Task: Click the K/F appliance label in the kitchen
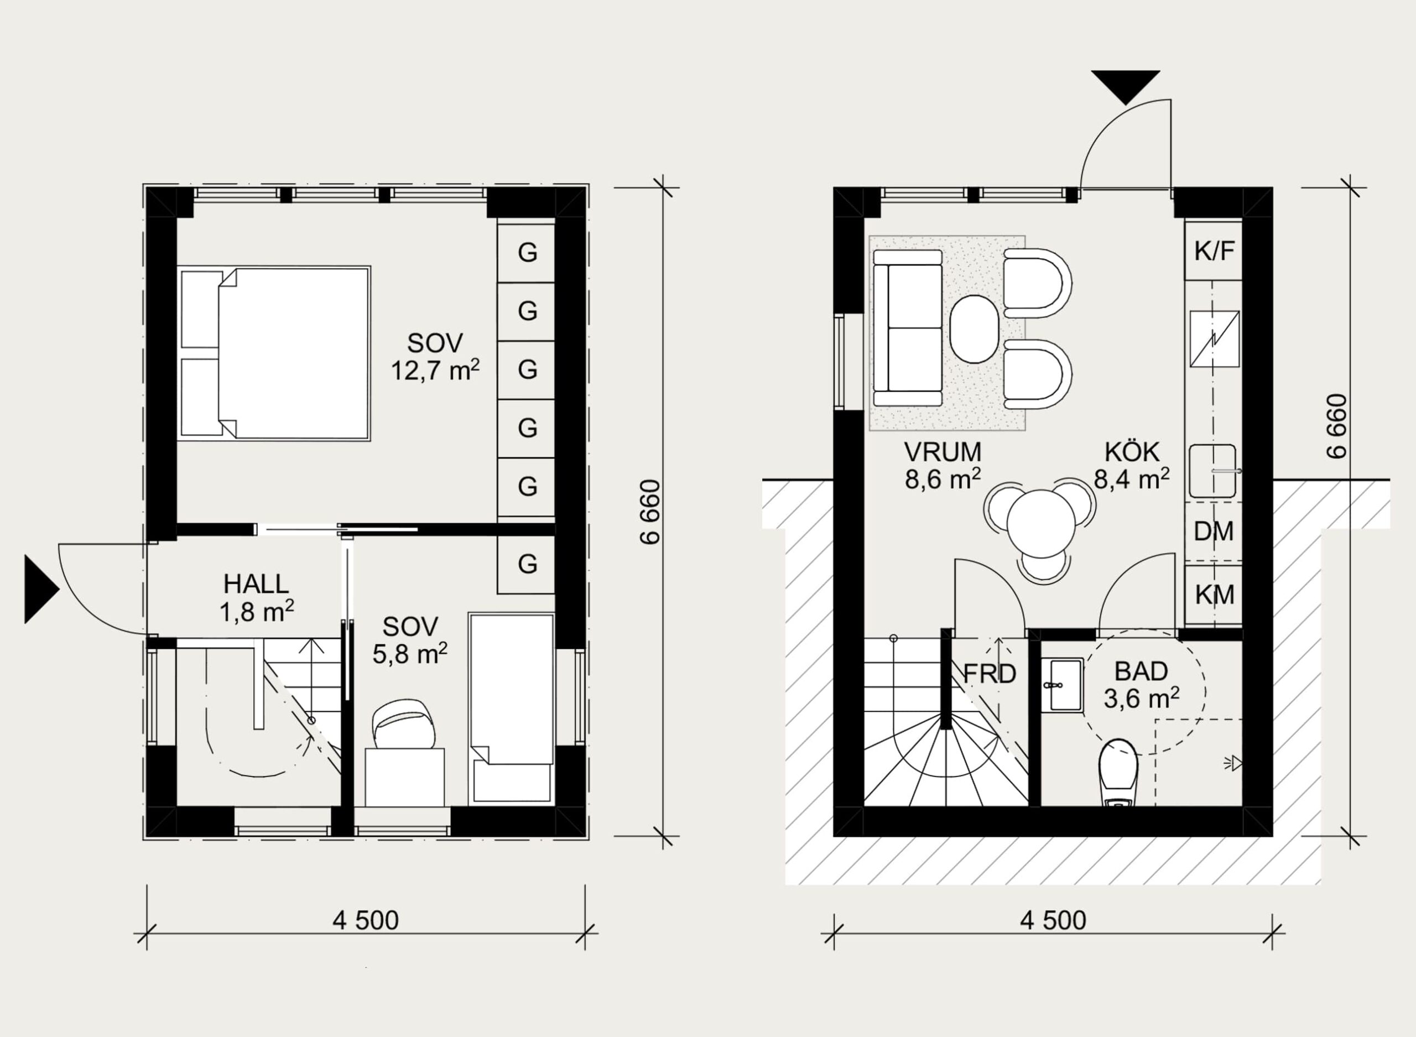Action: tap(1215, 251)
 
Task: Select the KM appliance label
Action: tap(1215, 595)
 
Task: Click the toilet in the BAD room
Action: tap(1118, 773)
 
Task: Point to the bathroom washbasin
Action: tap(1062, 685)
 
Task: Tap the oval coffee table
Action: tap(974, 329)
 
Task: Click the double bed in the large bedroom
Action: tap(274, 353)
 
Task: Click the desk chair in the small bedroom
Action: tap(404, 724)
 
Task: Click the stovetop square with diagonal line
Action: tap(1215, 339)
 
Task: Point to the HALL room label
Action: tap(256, 585)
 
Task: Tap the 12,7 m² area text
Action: tap(435, 370)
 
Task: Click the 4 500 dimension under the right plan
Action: tap(1053, 920)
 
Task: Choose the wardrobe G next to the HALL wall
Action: tap(526, 564)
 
